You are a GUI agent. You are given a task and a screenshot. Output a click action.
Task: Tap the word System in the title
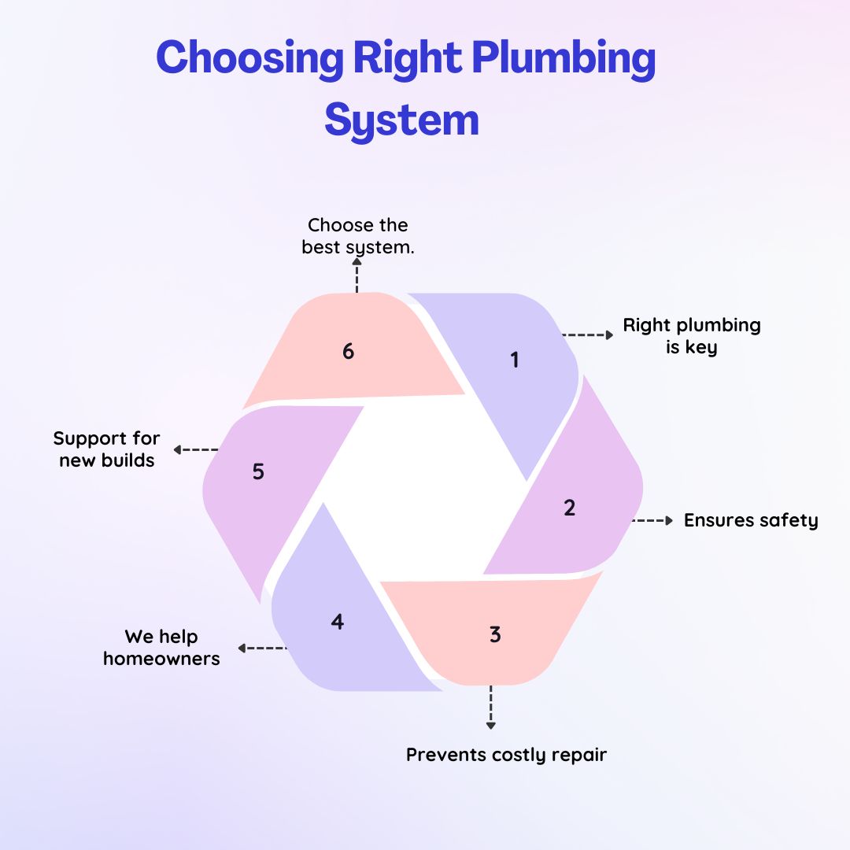tap(401, 120)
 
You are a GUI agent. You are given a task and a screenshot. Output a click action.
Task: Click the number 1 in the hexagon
tap(515, 360)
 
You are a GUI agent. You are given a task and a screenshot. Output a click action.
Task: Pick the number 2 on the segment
tap(570, 508)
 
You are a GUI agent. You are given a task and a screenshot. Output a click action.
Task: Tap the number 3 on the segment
tap(495, 634)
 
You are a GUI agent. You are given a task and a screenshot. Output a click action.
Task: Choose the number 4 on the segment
tap(338, 622)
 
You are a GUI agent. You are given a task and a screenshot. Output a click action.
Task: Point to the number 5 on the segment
tap(258, 472)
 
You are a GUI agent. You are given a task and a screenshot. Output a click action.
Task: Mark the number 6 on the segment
tap(348, 352)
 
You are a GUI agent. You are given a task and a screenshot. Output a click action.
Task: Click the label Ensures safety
tap(751, 520)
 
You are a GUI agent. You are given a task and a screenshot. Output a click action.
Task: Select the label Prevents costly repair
tap(506, 755)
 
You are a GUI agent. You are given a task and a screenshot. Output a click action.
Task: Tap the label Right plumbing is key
tap(692, 336)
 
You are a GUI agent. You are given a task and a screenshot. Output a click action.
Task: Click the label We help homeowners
tap(161, 647)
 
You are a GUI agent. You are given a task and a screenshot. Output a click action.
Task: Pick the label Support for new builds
tap(106, 449)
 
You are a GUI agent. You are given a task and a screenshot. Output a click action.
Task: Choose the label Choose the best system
tap(358, 235)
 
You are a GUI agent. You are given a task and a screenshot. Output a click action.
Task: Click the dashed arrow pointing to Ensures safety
tap(652, 520)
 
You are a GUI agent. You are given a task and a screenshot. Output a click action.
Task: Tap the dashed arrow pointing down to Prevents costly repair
tap(491, 707)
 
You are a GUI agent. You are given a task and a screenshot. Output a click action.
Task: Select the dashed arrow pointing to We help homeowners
tap(262, 649)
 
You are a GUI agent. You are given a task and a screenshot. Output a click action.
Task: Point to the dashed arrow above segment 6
tap(357, 276)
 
